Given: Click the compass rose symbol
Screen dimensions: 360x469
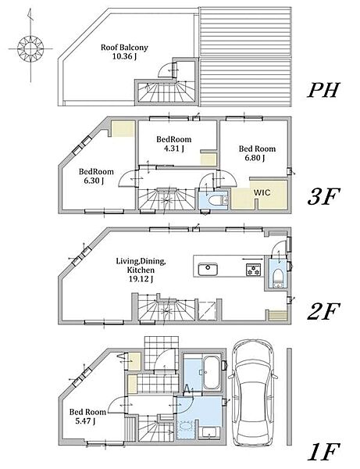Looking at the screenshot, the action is (x=30, y=48).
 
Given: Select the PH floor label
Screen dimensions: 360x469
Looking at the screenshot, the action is (x=323, y=90).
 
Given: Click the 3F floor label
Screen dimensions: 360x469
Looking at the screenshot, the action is (x=323, y=197).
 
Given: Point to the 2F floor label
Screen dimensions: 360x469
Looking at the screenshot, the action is (x=323, y=311).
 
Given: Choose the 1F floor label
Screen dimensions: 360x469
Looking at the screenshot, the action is (x=323, y=452).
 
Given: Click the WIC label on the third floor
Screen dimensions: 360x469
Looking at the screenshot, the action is (x=262, y=192).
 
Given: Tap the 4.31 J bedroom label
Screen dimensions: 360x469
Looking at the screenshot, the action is (x=174, y=144).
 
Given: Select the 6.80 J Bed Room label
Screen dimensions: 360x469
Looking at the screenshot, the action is (x=257, y=153).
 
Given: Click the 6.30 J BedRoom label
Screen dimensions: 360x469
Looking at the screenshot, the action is (x=96, y=176).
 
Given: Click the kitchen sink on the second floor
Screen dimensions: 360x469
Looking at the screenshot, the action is (x=209, y=270).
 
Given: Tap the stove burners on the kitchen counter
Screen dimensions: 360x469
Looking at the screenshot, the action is (x=254, y=269).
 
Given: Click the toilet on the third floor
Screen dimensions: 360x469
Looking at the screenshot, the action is (x=216, y=200).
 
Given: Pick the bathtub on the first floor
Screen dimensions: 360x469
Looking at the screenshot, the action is (x=212, y=372).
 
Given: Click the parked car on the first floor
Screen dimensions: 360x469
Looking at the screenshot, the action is (x=252, y=392).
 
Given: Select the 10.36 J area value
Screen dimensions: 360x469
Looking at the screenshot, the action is (x=124, y=56).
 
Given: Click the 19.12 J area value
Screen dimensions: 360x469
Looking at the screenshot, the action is (x=141, y=279).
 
